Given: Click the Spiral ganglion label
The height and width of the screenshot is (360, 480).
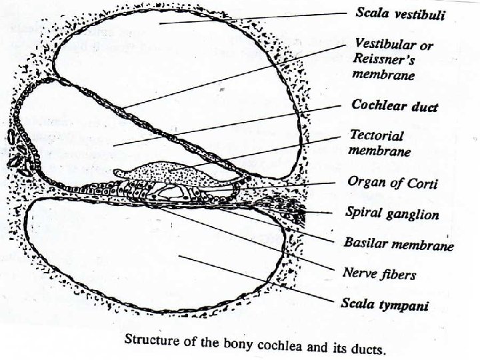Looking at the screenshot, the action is pos(391,214).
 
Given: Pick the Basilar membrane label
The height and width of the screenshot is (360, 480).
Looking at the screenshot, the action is pos(399,245).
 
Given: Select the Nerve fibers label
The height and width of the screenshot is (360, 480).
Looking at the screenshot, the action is pos(379,273).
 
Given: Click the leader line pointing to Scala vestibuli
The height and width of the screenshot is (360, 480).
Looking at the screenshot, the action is pos(267,18).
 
